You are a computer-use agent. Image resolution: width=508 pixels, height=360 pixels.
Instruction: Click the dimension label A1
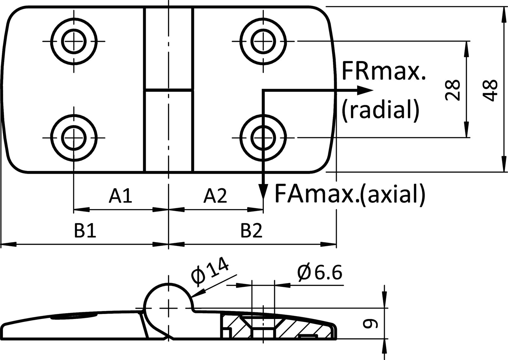[120, 196]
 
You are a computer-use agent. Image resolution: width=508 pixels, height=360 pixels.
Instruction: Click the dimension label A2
[215, 196]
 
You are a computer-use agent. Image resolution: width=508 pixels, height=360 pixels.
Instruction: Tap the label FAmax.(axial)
[349, 194]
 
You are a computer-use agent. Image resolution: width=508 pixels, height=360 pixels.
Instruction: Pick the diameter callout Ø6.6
[320, 273]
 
